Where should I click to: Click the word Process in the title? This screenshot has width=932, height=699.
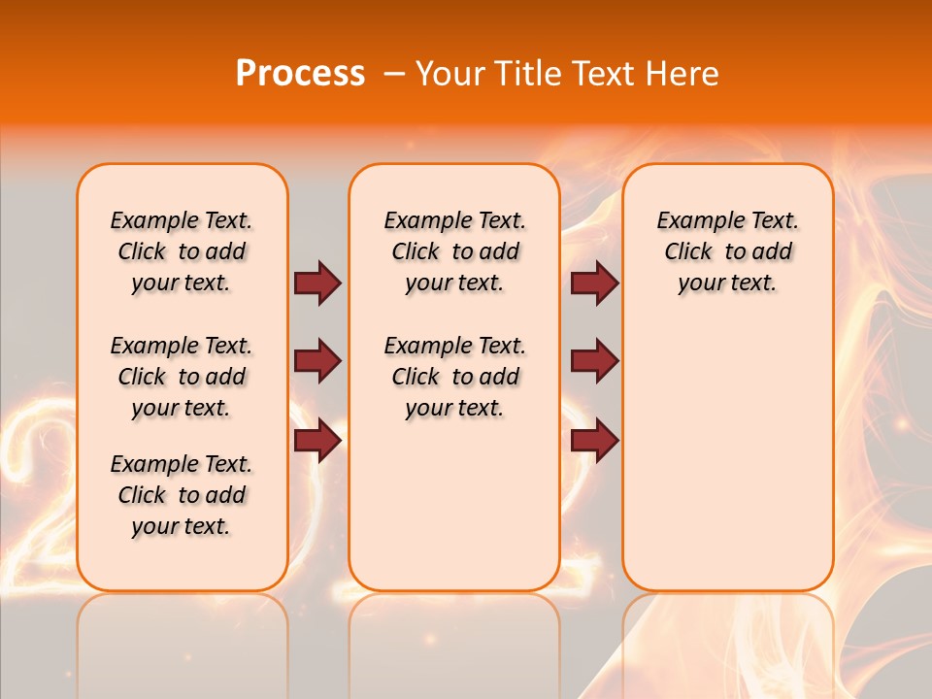[x=300, y=74]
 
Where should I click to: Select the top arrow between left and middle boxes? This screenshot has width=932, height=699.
[x=317, y=283]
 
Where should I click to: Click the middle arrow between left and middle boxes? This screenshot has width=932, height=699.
[x=317, y=361]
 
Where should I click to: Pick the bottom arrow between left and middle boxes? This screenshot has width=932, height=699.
[x=317, y=440]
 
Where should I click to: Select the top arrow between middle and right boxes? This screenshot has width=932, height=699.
[x=595, y=283]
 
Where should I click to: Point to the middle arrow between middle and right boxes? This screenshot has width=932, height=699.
[x=595, y=361]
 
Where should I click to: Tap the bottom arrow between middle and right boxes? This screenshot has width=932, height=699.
[x=595, y=440]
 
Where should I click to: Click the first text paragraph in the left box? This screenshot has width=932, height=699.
[x=182, y=251]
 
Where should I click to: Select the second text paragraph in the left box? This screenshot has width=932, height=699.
[x=182, y=377]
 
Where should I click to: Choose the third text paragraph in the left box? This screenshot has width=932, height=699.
[x=182, y=495]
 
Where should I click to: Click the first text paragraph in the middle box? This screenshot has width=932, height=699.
[x=454, y=251]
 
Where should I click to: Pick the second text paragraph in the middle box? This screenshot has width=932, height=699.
[x=454, y=377]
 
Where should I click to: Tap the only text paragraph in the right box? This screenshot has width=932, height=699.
[x=727, y=251]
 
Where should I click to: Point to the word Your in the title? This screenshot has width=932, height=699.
[x=449, y=74]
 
